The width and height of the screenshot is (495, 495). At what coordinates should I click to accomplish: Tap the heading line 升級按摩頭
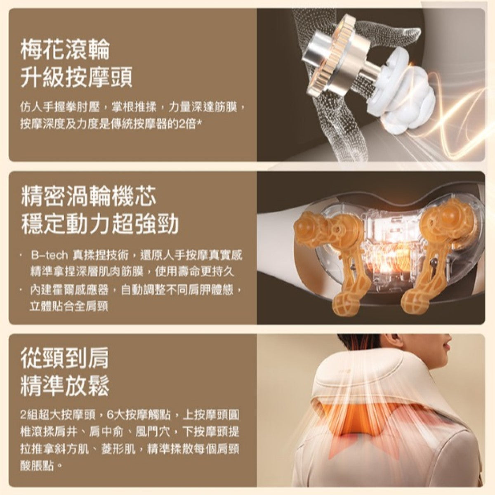[76, 77]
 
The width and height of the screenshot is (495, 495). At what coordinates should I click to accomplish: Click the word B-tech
[49, 256]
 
